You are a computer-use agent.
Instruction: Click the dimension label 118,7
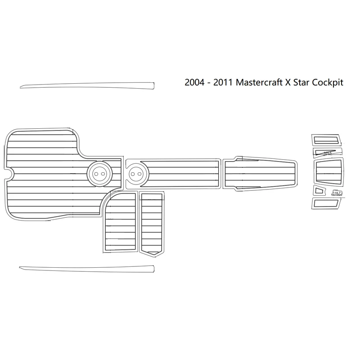click(x=337, y=193)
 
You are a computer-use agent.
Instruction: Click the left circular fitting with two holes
click(x=99, y=173)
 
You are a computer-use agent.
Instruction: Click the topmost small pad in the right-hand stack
click(x=325, y=139)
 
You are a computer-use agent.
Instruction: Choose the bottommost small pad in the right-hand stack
click(x=326, y=203)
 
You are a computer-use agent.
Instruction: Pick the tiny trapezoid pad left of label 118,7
click(x=319, y=191)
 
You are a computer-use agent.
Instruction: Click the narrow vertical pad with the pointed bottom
click(x=153, y=222)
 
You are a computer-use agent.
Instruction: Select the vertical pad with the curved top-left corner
click(x=119, y=222)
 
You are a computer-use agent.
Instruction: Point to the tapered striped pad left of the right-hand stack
click(x=260, y=173)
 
